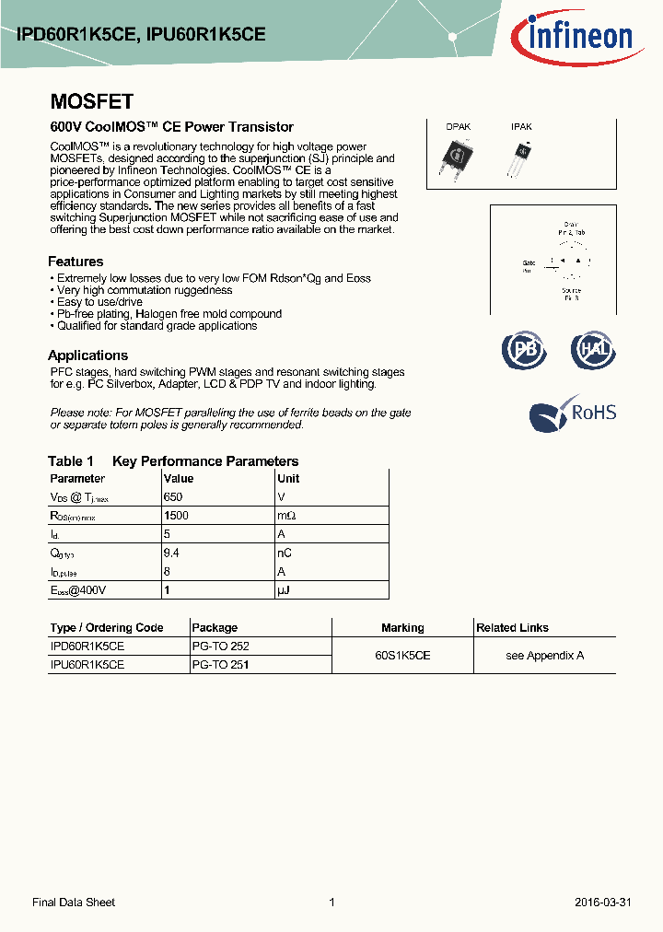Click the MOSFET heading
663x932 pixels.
(91, 102)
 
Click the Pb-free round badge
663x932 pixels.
(523, 350)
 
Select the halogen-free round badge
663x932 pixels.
(593, 350)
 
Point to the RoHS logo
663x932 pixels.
(572, 414)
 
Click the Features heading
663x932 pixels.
(76, 262)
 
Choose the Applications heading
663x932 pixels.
(87, 355)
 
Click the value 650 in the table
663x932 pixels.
(172, 497)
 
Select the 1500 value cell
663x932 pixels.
(175, 516)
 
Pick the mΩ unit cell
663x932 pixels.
(286, 516)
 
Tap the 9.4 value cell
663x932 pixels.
(172, 553)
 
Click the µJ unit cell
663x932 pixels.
(284, 589)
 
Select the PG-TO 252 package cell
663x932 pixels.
(220, 647)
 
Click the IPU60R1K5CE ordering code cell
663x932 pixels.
(87, 664)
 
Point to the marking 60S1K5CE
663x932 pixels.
(402, 656)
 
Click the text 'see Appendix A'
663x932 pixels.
(544, 656)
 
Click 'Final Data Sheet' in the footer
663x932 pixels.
(74, 903)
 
